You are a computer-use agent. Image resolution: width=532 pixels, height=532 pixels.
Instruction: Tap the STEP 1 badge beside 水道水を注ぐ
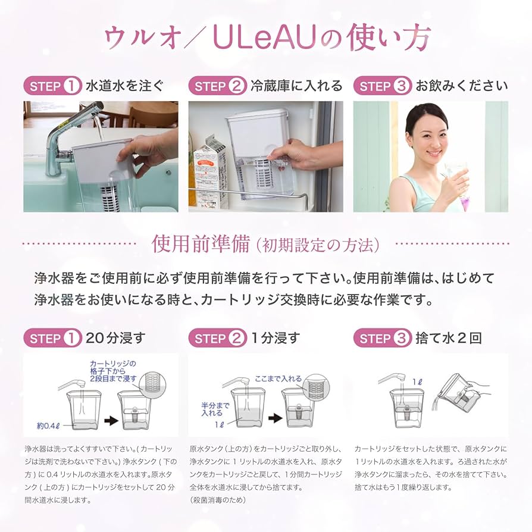coord(52,86)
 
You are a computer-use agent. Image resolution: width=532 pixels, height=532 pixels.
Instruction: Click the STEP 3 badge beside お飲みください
coord(382,86)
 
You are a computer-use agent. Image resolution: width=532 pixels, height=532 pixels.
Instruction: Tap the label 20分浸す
coord(115,339)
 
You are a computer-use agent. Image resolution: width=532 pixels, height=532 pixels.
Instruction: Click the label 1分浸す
coord(276,339)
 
